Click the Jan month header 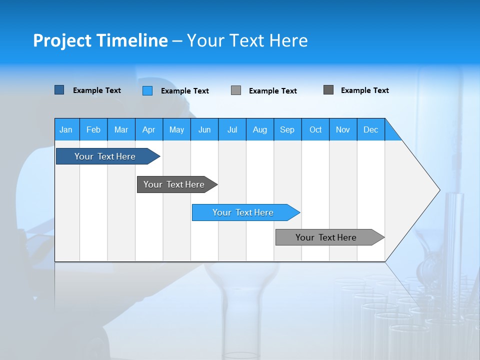66,129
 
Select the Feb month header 93,129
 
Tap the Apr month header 148,129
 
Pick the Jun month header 204,129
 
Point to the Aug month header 259,129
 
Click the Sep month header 287,129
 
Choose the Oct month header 315,129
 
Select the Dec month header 370,129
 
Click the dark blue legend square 59,90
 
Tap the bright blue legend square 147,90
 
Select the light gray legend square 236,90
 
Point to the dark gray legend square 328,90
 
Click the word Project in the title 62,40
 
